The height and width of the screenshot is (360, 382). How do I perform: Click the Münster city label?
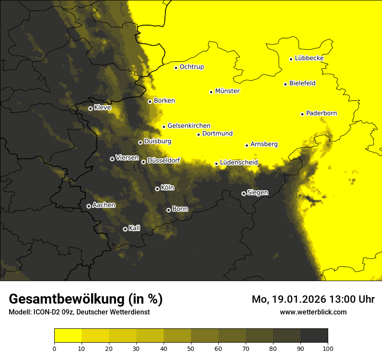click(x=227, y=91)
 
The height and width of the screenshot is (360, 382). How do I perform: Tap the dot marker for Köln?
click(x=157, y=189)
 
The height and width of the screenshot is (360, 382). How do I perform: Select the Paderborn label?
click(x=321, y=113)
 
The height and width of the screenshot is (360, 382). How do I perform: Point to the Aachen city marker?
click(x=89, y=206)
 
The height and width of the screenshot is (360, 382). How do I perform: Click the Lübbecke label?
click(x=309, y=58)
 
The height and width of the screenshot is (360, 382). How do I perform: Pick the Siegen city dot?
click(x=244, y=193)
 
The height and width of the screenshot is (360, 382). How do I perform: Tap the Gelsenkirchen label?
click(x=189, y=126)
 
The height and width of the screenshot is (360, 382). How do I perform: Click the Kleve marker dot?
click(x=90, y=108)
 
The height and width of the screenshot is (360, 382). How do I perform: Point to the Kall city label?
click(x=135, y=228)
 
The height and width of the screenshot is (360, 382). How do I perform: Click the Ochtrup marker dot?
click(x=176, y=68)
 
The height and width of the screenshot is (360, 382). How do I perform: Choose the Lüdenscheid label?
click(x=239, y=163)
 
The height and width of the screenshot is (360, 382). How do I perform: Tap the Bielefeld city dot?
click(x=285, y=84)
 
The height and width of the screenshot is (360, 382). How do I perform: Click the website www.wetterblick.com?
click(x=313, y=312)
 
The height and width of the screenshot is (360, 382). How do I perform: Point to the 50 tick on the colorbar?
click(x=191, y=348)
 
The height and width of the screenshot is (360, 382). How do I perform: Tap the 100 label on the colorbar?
click(x=328, y=348)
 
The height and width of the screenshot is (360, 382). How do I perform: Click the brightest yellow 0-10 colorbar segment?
click(x=68, y=336)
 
